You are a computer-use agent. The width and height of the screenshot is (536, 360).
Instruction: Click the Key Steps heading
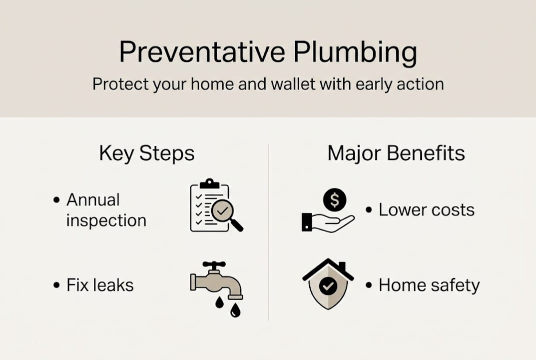pyautogui.click(x=146, y=153)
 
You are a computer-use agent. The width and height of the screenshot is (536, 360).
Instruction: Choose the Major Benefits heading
pyautogui.click(x=396, y=153)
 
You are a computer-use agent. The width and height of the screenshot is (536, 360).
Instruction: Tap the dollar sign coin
pyautogui.click(x=335, y=200)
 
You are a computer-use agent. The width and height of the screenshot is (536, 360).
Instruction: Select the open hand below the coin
pyautogui.click(x=330, y=222)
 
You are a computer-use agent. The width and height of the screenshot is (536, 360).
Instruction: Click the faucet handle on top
pyautogui.click(x=214, y=264)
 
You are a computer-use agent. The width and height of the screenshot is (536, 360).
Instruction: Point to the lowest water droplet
pyautogui.click(x=235, y=311)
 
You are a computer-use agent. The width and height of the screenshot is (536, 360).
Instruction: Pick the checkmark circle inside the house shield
pyautogui.click(x=328, y=286)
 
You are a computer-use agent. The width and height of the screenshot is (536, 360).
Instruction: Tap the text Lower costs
pyautogui.click(x=426, y=209)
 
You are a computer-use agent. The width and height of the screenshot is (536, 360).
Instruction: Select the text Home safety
pyautogui.click(x=429, y=285)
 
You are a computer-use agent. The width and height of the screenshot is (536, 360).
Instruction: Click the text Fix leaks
pyautogui.click(x=100, y=285)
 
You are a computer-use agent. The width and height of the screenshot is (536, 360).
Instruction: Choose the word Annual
pyautogui.click(x=93, y=199)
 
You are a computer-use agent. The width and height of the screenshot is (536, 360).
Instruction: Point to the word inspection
pyautogui.click(x=106, y=220)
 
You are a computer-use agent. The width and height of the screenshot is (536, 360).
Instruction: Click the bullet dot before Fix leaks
pyautogui.click(x=56, y=285)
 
